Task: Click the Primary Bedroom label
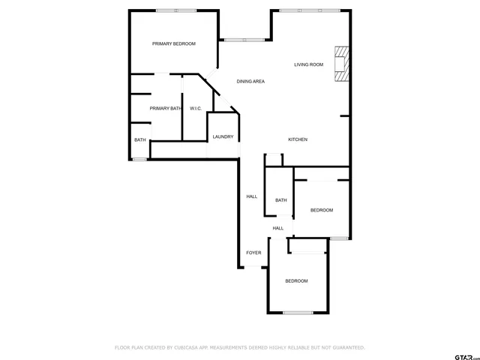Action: (x=173, y=44)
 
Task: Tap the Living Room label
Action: (x=308, y=65)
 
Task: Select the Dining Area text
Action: (x=250, y=82)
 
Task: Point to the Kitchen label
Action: (x=298, y=140)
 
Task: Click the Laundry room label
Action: (x=223, y=137)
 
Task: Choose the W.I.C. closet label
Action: (x=195, y=109)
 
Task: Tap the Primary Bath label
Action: (x=165, y=109)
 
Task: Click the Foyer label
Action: (x=254, y=253)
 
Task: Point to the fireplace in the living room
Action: (x=341, y=64)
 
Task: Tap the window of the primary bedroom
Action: (x=176, y=10)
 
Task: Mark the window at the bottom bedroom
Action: (x=297, y=312)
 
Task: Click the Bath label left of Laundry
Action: (x=140, y=140)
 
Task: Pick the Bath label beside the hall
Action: (x=281, y=200)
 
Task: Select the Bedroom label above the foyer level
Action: (x=322, y=211)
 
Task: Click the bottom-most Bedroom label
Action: (x=296, y=281)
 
